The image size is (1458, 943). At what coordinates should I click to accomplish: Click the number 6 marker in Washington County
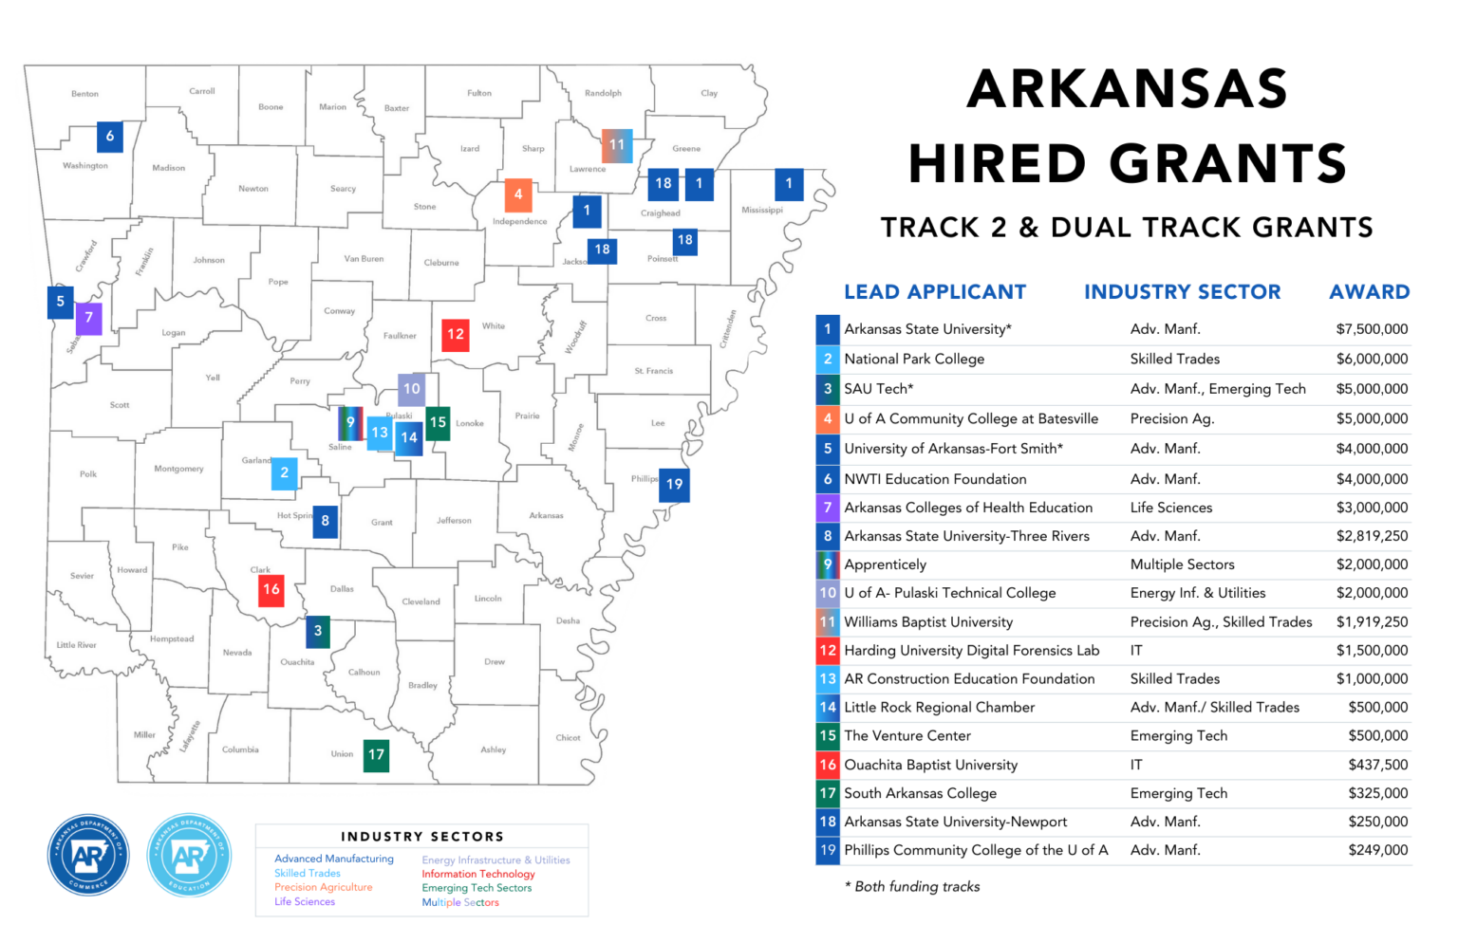point(110,137)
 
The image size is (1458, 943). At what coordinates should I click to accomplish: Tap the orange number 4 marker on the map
point(517,194)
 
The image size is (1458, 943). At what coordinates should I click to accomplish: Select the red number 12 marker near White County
point(456,334)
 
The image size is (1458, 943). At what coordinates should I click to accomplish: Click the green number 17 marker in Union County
point(376,755)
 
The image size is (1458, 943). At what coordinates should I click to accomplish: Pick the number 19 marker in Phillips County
point(674,484)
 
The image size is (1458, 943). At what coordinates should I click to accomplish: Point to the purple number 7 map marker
point(88,318)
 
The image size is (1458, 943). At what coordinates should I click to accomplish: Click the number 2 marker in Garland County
point(284,472)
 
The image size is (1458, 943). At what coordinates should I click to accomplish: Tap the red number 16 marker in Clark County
point(271,589)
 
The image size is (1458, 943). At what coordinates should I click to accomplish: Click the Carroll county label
point(202,91)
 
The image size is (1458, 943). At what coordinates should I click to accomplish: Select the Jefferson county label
point(454,520)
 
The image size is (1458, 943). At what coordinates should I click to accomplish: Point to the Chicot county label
point(568,737)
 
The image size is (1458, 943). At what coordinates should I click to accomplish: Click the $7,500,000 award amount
point(1372,329)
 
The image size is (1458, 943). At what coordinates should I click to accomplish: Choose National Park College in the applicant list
point(914,359)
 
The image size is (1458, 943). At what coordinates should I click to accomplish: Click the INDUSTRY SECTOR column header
point(1182,292)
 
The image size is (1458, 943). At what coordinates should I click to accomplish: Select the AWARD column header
point(1369,292)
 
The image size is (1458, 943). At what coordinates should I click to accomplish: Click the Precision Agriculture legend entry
point(323,887)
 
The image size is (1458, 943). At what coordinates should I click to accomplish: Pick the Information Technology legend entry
point(478,874)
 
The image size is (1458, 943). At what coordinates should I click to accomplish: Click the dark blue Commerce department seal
point(88,855)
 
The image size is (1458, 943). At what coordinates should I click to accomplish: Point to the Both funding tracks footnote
point(912,886)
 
